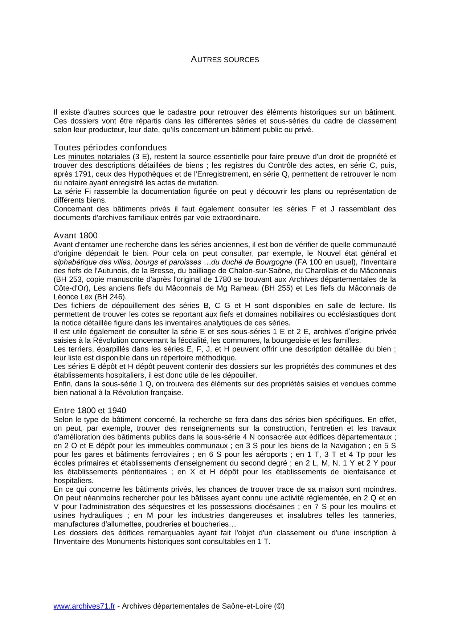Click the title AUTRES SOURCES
225,60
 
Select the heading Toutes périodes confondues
110,148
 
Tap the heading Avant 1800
75,235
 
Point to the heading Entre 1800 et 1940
90,411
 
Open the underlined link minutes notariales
99,157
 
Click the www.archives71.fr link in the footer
84,606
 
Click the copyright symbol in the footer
279,606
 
